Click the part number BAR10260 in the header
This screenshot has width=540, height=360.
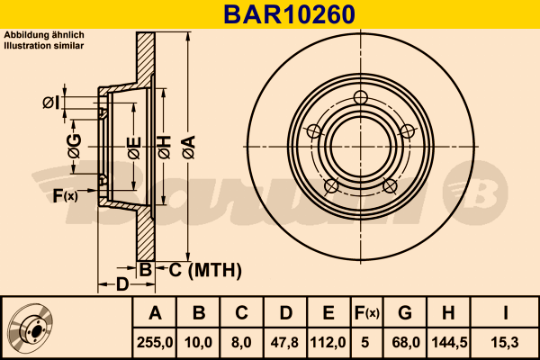point(289,14)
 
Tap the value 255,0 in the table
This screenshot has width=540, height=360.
point(155,343)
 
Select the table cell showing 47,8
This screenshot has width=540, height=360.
point(284,343)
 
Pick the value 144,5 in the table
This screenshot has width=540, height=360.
point(449,343)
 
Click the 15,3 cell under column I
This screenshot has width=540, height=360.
point(505,343)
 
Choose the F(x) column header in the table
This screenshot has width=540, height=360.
point(366,313)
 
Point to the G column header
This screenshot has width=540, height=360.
point(405,313)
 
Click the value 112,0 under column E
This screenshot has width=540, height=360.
point(328,343)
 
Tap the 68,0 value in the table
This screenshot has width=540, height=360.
point(406,343)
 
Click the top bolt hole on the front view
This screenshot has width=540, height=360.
point(361,97)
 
